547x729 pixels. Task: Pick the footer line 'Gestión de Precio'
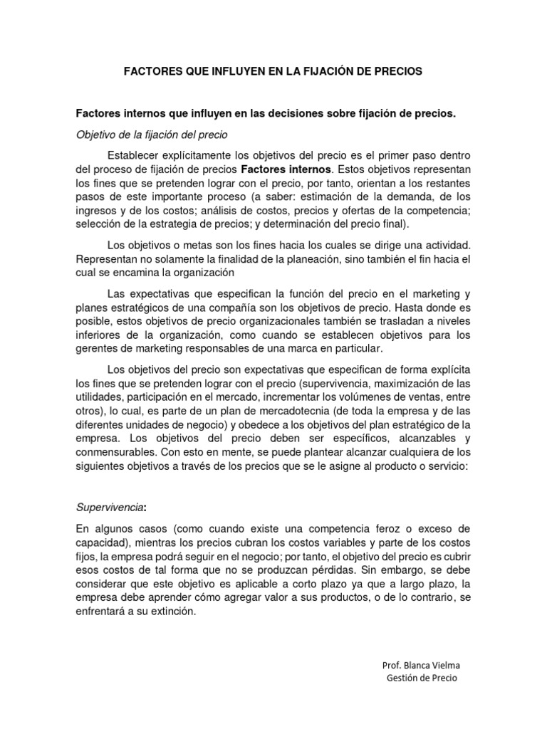422,678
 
